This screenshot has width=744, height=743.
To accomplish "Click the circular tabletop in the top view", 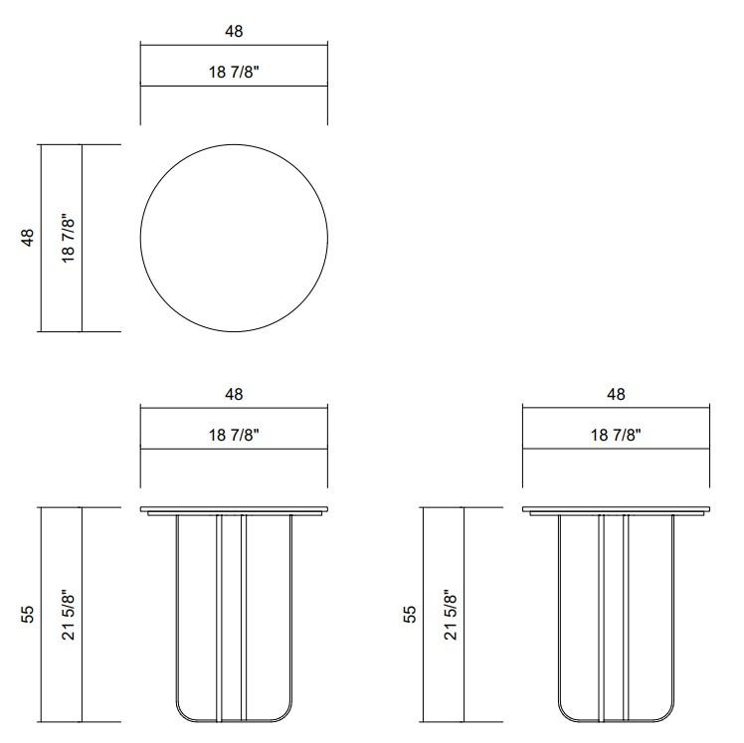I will (234, 238).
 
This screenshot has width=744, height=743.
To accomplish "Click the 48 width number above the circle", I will (234, 32).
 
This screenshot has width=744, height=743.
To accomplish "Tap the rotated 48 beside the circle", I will (28, 238).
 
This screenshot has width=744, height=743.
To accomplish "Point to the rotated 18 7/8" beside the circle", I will (69, 238).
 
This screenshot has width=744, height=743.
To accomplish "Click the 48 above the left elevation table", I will (234, 395).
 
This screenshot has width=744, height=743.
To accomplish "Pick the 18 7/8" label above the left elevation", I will (234, 436).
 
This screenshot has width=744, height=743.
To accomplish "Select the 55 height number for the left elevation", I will (28, 614).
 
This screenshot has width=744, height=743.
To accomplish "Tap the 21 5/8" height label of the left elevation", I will (69, 614).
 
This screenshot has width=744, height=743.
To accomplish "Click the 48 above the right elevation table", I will (616, 395).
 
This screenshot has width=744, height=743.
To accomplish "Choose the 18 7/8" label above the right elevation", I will (616, 436).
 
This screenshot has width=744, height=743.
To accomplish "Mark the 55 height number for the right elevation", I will (410, 614).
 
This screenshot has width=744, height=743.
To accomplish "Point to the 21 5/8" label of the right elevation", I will (451, 614).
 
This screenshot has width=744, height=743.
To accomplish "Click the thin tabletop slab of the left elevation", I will (234, 510).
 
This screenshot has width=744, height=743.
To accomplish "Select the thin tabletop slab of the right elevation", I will (616, 510).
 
